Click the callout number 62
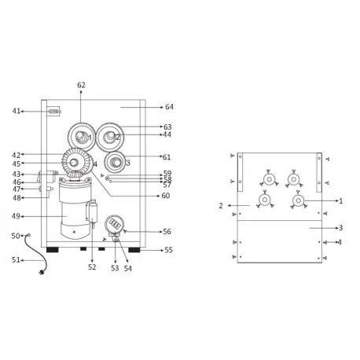[x=81, y=85]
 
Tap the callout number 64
[x=169, y=107]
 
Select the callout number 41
[x=17, y=111]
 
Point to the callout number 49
[x=16, y=216]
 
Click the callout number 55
[x=168, y=250]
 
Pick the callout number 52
[x=92, y=267]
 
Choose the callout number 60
[x=166, y=196]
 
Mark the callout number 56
[x=167, y=231]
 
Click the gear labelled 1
[x=82, y=137]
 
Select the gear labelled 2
[x=110, y=137]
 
